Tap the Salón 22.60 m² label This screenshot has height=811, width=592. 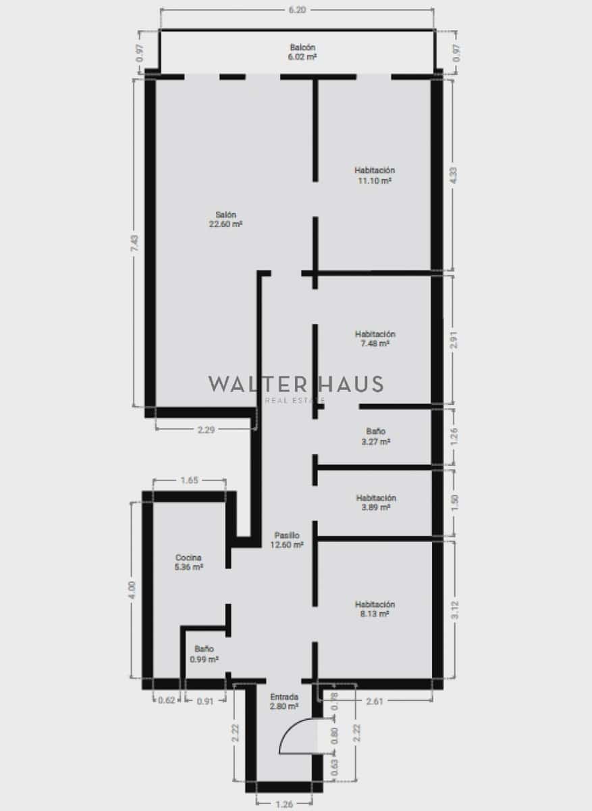[x=225, y=219]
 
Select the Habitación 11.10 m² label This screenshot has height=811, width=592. [x=375, y=175]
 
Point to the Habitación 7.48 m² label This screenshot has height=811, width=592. [x=375, y=339]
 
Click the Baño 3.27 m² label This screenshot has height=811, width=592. [x=375, y=436]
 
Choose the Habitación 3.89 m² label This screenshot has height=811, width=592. [x=375, y=502]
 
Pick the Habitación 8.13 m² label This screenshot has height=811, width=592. [x=375, y=609]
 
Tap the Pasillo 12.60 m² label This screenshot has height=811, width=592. [x=286, y=539]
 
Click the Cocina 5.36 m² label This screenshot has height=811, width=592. [x=189, y=562]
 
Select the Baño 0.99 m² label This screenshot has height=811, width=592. [x=204, y=654]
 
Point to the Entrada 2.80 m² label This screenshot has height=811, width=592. [x=284, y=702]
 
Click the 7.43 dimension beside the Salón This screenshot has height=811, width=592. [x=135, y=243]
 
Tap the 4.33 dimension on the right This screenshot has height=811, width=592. [x=454, y=175]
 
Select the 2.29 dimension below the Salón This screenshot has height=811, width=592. [x=206, y=430]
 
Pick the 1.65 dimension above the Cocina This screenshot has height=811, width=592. [x=189, y=481]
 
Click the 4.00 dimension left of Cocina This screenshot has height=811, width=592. [x=133, y=589]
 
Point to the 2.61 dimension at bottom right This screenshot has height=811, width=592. [x=375, y=701]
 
